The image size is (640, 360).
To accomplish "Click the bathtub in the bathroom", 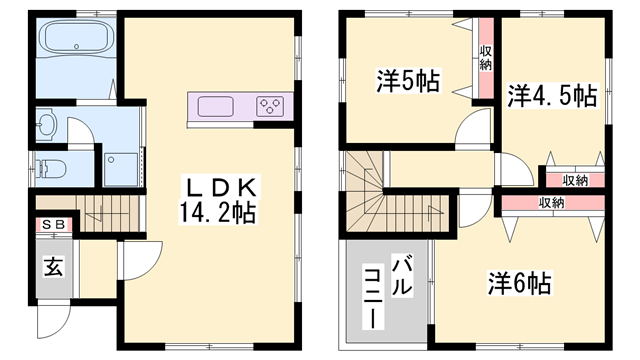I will pos(77,42).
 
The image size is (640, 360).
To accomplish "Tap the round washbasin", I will pos(47,125).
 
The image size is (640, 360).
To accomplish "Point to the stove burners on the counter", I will pos(271,104).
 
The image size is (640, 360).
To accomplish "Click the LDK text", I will pos(221,186).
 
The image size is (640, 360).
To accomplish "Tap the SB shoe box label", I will pos(53,225).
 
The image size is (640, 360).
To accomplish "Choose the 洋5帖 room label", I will pos(408,81).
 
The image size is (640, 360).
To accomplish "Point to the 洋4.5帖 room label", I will pos(551,96).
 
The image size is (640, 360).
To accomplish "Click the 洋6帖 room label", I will pos(520,283).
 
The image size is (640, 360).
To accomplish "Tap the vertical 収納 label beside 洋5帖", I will pos(485,57).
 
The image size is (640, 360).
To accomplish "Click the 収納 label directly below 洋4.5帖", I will pos(573,180).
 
